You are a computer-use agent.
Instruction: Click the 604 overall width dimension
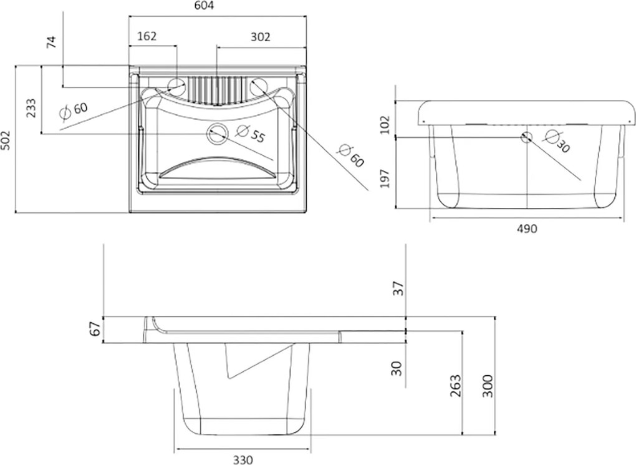(x=204, y=5)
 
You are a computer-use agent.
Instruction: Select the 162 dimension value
(x=147, y=37)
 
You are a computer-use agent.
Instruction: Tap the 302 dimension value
(x=260, y=37)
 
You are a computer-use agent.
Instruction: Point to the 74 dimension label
(x=52, y=42)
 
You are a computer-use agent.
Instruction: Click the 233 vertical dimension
(x=31, y=108)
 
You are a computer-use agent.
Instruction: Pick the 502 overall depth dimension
(x=6, y=140)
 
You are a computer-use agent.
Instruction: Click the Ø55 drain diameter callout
(x=250, y=134)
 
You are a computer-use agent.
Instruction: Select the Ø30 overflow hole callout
(x=557, y=140)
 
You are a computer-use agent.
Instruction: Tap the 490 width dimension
(x=526, y=228)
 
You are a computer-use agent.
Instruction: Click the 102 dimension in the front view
(x=385, y=125)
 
